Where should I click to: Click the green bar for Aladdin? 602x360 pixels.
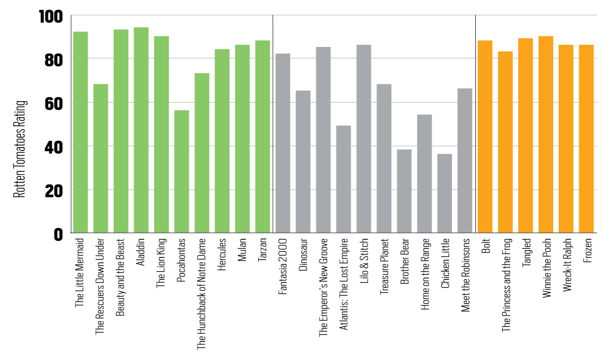pos(141,130)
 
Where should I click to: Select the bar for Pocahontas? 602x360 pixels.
pos(182,171)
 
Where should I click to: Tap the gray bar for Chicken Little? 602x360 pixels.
pos(445,193)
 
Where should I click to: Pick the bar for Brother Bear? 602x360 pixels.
pos(404,191)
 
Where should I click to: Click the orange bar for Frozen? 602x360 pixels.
pos(586,139)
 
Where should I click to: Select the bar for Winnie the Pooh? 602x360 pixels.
pos(546,134)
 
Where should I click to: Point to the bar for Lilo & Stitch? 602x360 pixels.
pos(364,139)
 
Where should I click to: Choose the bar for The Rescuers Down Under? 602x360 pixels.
pos(101,159)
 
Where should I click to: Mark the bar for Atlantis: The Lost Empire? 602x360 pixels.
pos(343,179)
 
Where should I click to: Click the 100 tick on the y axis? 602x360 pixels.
pos(51,17)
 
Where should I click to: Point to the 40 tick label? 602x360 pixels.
pos(54,148)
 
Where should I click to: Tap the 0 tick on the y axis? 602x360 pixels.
pos(58,235)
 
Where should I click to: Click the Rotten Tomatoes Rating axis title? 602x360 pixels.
pos(20,149)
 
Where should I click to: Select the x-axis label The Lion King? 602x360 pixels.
pos(161,263)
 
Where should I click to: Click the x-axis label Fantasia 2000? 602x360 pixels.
pos(282,266)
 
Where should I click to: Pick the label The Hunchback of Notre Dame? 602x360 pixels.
pos(201,294)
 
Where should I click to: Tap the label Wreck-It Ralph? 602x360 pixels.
pos(567,265)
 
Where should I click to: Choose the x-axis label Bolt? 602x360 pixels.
pos(486,246)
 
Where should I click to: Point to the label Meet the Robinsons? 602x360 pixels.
pos(466,275)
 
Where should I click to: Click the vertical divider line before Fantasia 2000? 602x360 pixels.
pos(273,124)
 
